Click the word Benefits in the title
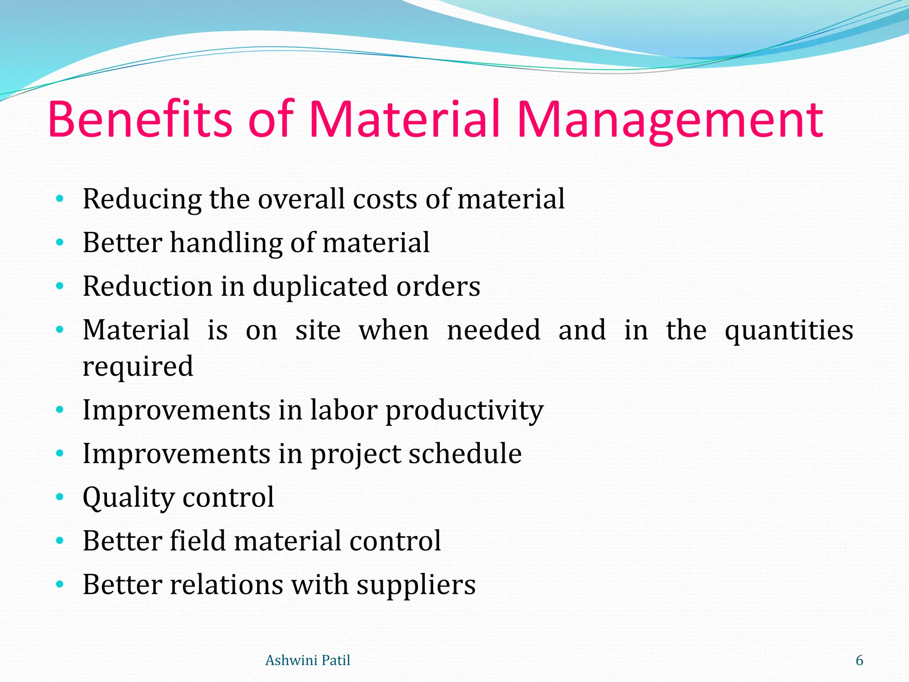pyautogui.click(x=140, y=119)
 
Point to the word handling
pyautogui.click(x=226, y=243)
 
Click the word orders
pyautogui.click(x=438, y=286)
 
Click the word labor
pyautogui.click(x=344, y=409)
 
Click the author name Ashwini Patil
pyautogui.click(x=308, y=660)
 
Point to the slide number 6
pyautogui.click(x=859, y=660)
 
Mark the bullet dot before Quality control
pyautogui.click(x=60, y=496)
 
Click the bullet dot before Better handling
pyautogui.click(x=60, y=242)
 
